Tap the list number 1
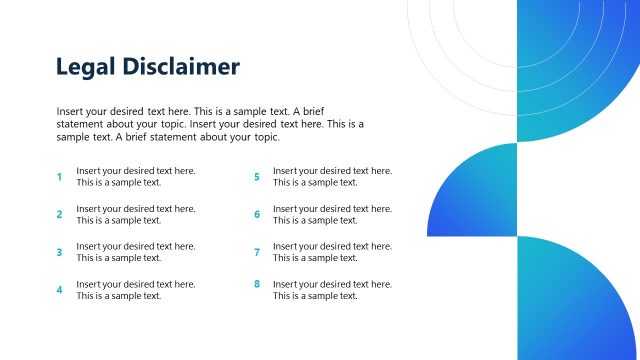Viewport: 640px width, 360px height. point(59,177)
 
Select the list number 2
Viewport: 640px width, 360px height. point(59,215)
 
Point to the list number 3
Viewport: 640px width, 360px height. point(59,252)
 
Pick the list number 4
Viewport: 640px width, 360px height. point(59,290)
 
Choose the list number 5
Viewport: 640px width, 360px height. point(257,177)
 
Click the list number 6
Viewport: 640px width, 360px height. point(257,215)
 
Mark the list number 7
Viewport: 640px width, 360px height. point(257,252)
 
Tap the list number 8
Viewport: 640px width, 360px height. point(257,284)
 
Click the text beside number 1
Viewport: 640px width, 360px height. point(136,177)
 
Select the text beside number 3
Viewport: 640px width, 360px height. point(136,252)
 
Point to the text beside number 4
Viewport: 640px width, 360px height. point(136,290)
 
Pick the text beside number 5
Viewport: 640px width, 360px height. point(333,177)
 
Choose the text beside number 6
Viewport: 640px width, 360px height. point(333,215)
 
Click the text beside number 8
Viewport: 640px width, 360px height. point(333,290)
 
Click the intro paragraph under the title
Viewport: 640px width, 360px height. point(210,124)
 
